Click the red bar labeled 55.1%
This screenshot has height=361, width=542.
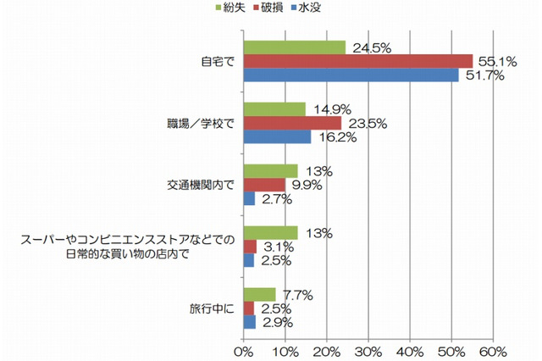(x=358, y=61)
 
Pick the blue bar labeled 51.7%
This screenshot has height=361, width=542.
(x=351, y=75)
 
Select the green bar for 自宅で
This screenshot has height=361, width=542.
(x=295, y=47)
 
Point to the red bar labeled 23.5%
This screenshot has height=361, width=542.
(x=292, y=123)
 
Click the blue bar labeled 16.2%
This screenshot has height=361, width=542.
(x=277, y=137)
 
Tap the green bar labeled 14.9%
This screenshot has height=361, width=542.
(x=274, y=109)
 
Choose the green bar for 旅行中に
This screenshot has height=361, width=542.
(x=259, y=294)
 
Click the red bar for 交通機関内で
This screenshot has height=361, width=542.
(x=264, y=185)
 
